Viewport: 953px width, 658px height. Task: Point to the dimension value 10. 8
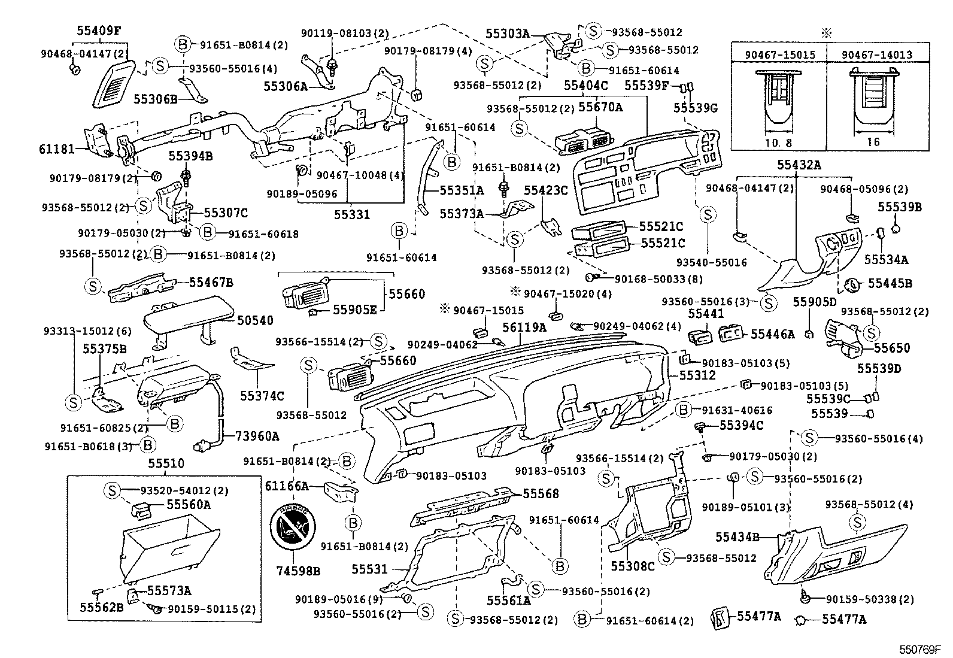[x=778, y=142]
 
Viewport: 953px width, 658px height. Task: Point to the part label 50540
[x=254, y=321]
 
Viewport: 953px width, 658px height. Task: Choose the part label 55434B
[x=737, y=537]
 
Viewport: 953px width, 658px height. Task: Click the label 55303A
[x=508, y=35]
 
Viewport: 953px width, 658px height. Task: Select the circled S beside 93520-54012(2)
[x=112, y=490]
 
